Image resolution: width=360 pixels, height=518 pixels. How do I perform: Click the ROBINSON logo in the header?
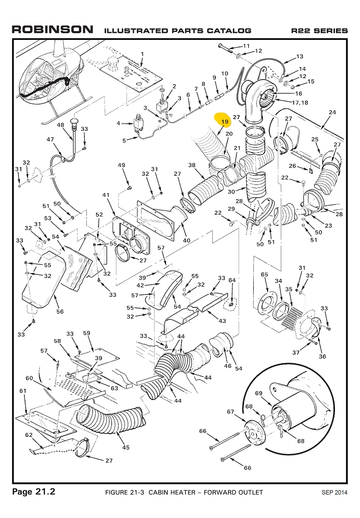coord(53,30)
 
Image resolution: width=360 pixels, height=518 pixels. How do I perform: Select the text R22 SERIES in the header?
coord(319,31)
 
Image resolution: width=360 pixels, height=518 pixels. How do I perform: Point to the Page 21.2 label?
coord(34,492)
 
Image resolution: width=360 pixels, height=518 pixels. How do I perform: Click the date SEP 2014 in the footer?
coord(334,492)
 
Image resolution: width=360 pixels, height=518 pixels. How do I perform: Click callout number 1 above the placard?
coord(142,54)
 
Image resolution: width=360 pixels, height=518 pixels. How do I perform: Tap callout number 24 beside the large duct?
coord(332,112)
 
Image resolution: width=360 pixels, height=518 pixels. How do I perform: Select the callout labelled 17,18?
coord(300,103)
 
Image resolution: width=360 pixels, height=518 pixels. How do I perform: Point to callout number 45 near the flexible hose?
coord(126,448)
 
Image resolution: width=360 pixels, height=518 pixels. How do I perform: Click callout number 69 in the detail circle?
coord(258,393)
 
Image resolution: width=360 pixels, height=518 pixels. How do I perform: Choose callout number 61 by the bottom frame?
coord(22,391)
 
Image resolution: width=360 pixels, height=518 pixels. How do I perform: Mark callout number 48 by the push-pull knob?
coord(60,125)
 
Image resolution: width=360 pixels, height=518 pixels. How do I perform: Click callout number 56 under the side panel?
coord(60,312)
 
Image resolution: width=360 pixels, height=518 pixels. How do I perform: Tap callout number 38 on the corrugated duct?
coord(192,166)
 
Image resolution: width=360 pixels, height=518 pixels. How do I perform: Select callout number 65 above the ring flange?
coord(265,275)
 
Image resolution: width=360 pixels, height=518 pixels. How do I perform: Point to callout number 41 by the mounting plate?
coord(106,195)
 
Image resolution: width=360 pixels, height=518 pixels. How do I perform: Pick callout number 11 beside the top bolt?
coord(247,46)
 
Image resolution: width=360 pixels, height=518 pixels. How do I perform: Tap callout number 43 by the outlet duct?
coord(222,320)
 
